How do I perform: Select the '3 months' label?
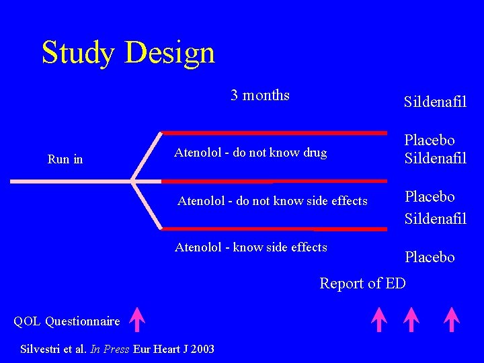tap(259, 95)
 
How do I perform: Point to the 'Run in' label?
tap(65, 159)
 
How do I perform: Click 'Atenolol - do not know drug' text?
tap(250, 153)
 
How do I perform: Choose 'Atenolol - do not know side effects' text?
tap(272, 201)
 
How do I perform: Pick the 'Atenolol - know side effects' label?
tap(251, 247)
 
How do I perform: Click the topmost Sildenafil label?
tap(435, 102)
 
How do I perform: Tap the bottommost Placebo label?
tap(430, 257)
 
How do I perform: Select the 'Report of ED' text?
tap(362, 283)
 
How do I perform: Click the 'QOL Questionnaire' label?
tap(67, 321)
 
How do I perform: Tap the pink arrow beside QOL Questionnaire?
tap(136, 319)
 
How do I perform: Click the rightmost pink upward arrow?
tap(451, 319)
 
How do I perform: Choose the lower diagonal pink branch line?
tap(147, 205)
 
